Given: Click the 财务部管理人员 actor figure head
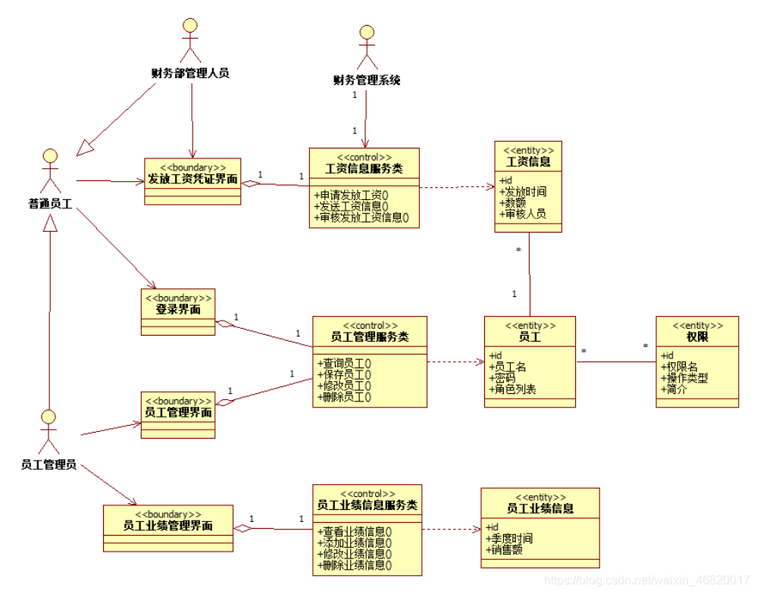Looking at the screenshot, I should pyautogui.click(x=190, y=26).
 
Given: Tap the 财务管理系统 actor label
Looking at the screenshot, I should pyautogui.click(x=367, y=80).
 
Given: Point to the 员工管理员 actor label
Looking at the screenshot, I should pyautogui.click(x=48, y=464).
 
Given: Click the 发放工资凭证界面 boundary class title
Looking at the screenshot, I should pyautogui.click(x=192, y=180).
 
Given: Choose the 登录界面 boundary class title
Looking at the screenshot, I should pyautogui.click(x=177, y=309).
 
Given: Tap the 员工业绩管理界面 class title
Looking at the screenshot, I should pyautogui.click(x=167, y=526).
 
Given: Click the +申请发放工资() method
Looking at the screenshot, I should pyautogui.click(x=352, y=195).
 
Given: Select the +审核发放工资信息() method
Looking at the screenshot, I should pyautogui.click(x=361, y=217).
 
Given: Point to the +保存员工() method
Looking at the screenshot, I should pyautogui.click(x=345, y=374).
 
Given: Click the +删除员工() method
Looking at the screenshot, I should pyautogui.click(x=345, y=396).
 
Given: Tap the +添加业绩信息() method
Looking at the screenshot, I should pyautogui.click(x=355, y=542).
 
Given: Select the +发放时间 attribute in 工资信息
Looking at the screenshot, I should pyautogui.click(x=524, y=192).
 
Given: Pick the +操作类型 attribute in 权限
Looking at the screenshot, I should pyautogui.click(x=686, y=378).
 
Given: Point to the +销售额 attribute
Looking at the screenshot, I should pyautogui.click(x=505, y=550).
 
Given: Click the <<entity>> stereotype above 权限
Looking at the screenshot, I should pyautogui.click(x=696, y=326).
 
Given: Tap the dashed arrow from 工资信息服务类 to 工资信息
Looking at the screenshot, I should pyautogui.click(x=455, y=186).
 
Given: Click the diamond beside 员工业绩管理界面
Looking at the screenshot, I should pyautogui.click(x=241, y=529).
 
